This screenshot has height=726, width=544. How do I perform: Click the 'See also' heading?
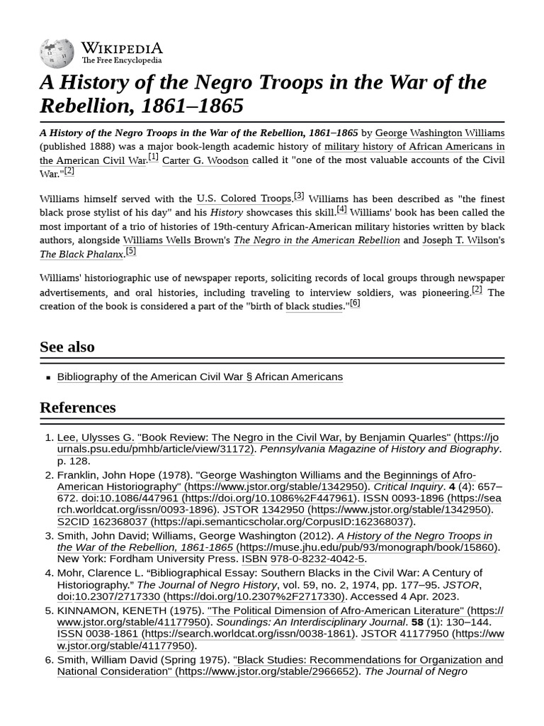[67, 347]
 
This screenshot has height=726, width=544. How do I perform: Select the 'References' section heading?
[78, 408]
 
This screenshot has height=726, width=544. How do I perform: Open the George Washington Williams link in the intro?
[440, 133]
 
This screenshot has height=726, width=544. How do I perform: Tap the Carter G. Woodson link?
[205, 160]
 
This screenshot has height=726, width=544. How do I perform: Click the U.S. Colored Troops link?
[244, 199]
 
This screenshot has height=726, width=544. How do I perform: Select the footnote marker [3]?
[299, 196]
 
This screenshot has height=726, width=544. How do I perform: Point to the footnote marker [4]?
[341, 209]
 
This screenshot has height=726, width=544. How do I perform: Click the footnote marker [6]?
[355, 303]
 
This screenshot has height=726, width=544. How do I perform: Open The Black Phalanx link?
[82, 254]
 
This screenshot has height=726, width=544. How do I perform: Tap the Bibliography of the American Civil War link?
[200, 376]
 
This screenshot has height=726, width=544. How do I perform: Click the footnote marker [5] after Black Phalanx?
[131, 251]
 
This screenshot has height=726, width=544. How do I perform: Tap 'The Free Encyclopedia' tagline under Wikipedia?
[122, 61]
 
